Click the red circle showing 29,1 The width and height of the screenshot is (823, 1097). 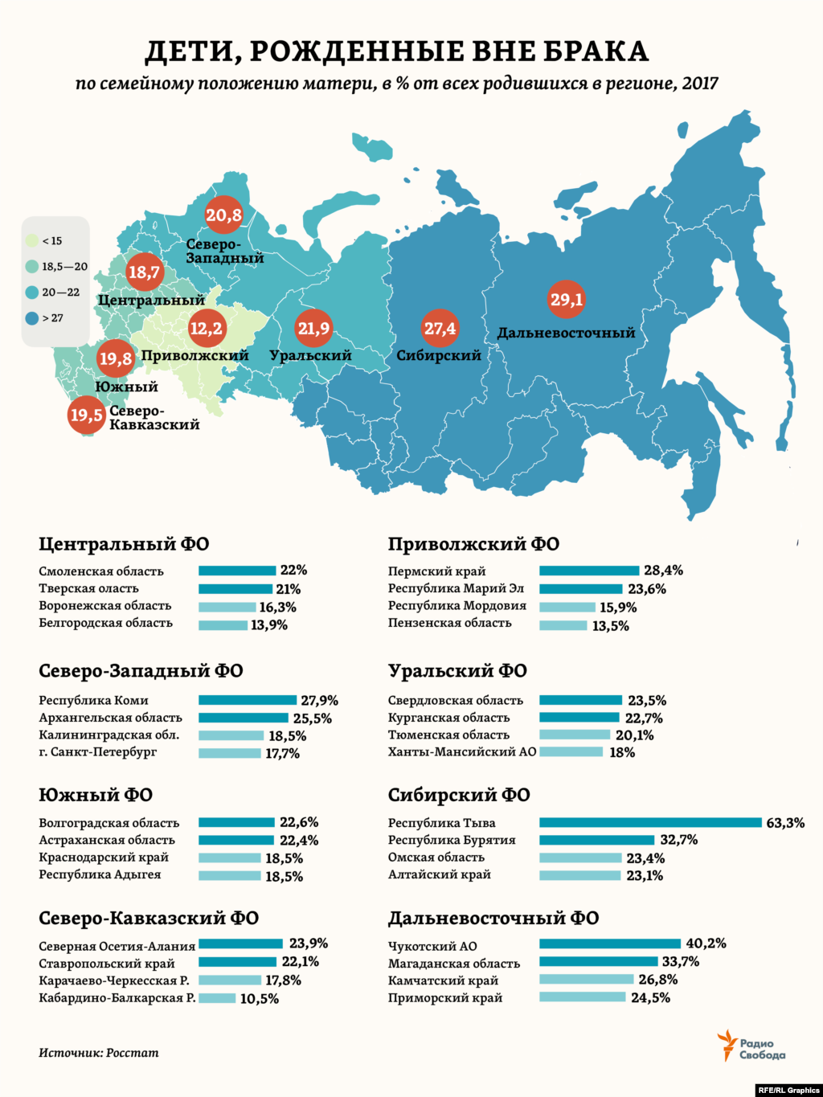click(567, 300)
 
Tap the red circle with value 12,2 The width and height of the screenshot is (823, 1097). click(207, 328)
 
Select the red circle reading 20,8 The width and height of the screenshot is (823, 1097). click(223, 215)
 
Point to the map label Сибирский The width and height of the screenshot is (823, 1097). click(439, 355)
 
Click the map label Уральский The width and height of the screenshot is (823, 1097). click(311, 355)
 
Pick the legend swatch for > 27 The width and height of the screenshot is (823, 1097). click(32, 318)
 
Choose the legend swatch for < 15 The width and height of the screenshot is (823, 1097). click(32, 240)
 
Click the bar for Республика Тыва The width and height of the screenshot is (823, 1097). click(650, 822)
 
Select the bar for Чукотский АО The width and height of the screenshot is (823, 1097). click(611, 944)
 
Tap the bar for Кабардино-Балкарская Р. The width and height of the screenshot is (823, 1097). click(217, 998)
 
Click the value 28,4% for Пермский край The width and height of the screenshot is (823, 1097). click(663, 571)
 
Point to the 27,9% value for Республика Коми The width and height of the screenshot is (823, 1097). click(319, 701)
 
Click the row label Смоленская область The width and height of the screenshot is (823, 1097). click(101, 571)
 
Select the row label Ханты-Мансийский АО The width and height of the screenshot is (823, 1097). click(461, 752)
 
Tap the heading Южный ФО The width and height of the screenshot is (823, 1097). click(96, 795)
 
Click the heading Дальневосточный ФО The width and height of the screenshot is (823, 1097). click(493, 918)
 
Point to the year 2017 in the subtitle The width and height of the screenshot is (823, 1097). click(699, 84)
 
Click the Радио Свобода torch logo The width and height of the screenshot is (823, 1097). click(727, 1045)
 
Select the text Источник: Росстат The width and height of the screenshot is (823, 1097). click(99, 1052)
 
